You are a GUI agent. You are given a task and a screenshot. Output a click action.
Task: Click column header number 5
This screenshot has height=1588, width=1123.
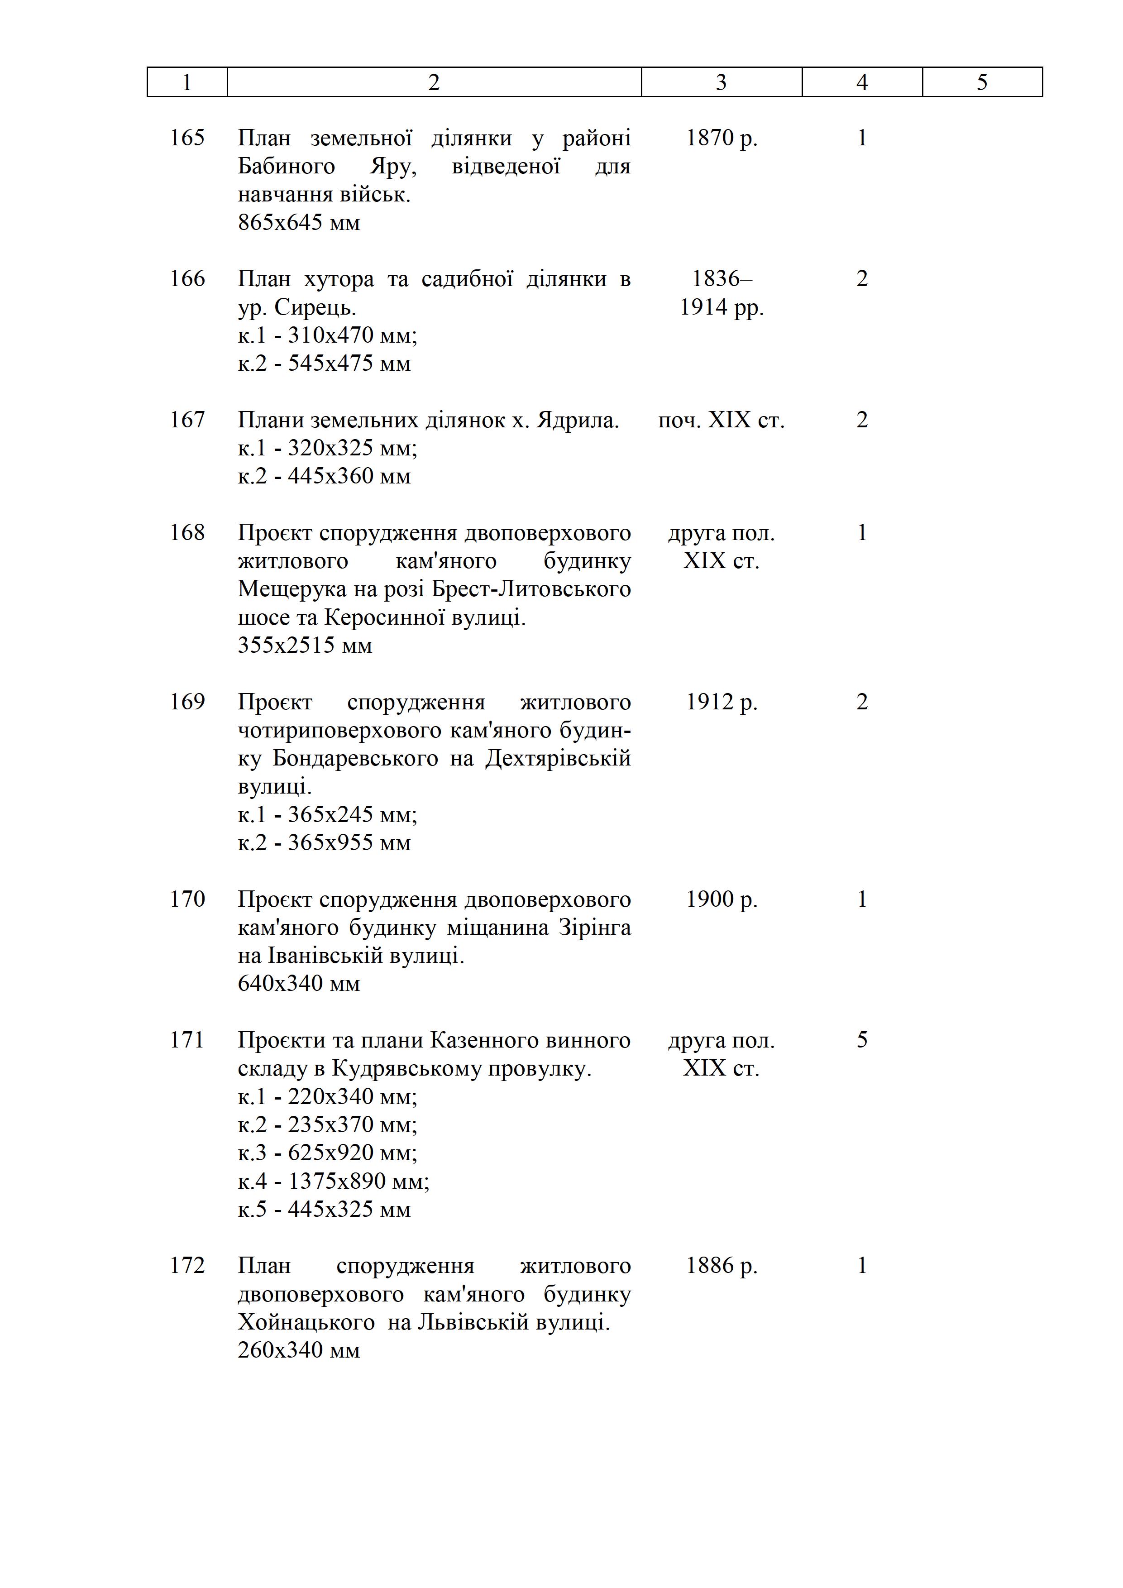point(982,82)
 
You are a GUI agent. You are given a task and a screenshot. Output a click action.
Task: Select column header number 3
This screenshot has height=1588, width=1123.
point(721,82)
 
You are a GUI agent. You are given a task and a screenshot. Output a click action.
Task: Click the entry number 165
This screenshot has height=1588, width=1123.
point(187,138)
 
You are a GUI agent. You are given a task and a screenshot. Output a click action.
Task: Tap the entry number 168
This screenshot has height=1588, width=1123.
point(187,532)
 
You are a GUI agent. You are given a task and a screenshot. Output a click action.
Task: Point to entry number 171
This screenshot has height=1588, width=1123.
point(187,1040)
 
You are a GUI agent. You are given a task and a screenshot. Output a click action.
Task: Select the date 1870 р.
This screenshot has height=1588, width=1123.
point(721,138)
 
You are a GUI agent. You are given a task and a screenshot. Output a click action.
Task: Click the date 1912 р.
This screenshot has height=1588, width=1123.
point(721,702)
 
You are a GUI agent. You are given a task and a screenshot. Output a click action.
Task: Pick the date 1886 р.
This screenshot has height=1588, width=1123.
point(721,1266)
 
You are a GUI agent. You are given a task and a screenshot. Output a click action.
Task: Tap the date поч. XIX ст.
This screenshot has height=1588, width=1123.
point(721,420)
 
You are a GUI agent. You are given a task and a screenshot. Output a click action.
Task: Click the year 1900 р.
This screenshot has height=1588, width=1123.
point(721,899)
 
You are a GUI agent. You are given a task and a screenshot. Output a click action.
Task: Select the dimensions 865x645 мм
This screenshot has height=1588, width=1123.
point(299,223)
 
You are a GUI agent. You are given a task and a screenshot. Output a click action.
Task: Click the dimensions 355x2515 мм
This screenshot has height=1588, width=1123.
point(305,646)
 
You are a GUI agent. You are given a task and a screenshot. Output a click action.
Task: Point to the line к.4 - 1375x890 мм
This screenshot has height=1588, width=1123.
point(333,1181)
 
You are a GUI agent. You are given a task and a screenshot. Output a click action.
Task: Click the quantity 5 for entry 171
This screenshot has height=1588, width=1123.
point(862,1040)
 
